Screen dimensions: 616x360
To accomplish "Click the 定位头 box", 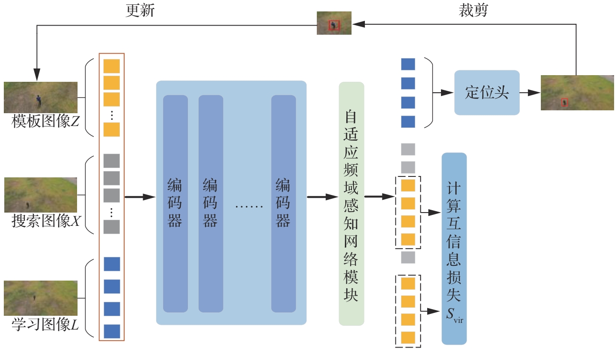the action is click(487, 92).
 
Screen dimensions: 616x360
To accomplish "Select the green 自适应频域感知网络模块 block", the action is click(352, 204).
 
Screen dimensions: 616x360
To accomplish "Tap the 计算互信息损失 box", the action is click(454, 249).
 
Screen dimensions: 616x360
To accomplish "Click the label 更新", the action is click(140, 10).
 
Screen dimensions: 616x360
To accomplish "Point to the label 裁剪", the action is click(473, 10).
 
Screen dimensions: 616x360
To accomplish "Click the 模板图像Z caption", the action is click(45, 121).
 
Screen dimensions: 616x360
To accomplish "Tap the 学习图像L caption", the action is click(45, 324).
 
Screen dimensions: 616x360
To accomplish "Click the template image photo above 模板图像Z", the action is click(41, 97).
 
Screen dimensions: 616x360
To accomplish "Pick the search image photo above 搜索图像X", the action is click(41, 195).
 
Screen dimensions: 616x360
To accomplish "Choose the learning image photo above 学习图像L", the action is click(41, 298).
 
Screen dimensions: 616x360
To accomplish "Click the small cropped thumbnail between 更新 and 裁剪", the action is click(334, 23).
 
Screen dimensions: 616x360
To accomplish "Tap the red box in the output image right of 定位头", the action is click(565, 102).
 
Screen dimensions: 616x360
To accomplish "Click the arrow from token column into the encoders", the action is click(140, 197).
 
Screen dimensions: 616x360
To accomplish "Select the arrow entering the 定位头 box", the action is click(443, 93).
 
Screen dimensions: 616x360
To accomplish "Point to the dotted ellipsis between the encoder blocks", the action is click(249, 206).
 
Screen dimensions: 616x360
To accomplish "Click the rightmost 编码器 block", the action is click(284, 204).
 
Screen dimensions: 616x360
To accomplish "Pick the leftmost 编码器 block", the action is click(176, 204).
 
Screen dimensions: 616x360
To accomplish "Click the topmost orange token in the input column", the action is click(112, 66).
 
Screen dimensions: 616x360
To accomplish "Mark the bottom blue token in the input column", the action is click(112, 331).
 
